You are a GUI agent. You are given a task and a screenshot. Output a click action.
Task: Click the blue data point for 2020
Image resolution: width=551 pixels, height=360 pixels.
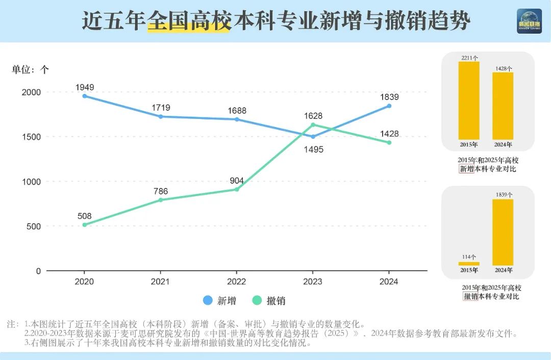point(84,96)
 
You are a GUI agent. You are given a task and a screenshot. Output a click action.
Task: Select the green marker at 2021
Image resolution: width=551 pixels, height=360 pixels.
point(161,200)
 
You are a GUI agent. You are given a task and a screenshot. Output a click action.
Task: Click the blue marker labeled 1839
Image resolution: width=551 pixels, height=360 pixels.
point(389,106)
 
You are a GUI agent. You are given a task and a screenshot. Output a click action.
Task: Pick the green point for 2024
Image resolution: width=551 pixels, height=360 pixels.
point(389,142)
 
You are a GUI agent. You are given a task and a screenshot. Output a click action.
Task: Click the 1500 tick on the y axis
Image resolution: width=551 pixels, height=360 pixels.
point(31,137)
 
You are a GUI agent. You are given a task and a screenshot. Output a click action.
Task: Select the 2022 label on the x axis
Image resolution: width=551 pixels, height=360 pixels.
point(236,282)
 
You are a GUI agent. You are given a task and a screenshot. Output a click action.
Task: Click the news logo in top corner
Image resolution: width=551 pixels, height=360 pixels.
point(529,21)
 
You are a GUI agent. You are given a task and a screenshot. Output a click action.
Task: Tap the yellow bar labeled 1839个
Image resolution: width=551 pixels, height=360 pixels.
point(503,232)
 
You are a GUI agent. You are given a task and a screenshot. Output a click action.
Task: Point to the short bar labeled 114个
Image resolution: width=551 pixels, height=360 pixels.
point(469,263)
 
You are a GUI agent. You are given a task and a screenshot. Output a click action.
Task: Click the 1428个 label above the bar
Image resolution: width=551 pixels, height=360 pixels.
point(503,68)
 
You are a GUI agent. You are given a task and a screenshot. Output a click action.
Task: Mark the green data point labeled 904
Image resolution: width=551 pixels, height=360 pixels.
point(237,189)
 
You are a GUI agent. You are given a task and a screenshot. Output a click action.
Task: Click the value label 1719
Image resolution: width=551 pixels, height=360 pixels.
point(161,108)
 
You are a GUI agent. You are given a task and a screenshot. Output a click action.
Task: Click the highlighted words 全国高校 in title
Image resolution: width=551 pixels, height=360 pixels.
point(189,21)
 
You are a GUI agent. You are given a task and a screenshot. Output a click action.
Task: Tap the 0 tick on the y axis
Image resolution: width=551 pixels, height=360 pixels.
point(38,271)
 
